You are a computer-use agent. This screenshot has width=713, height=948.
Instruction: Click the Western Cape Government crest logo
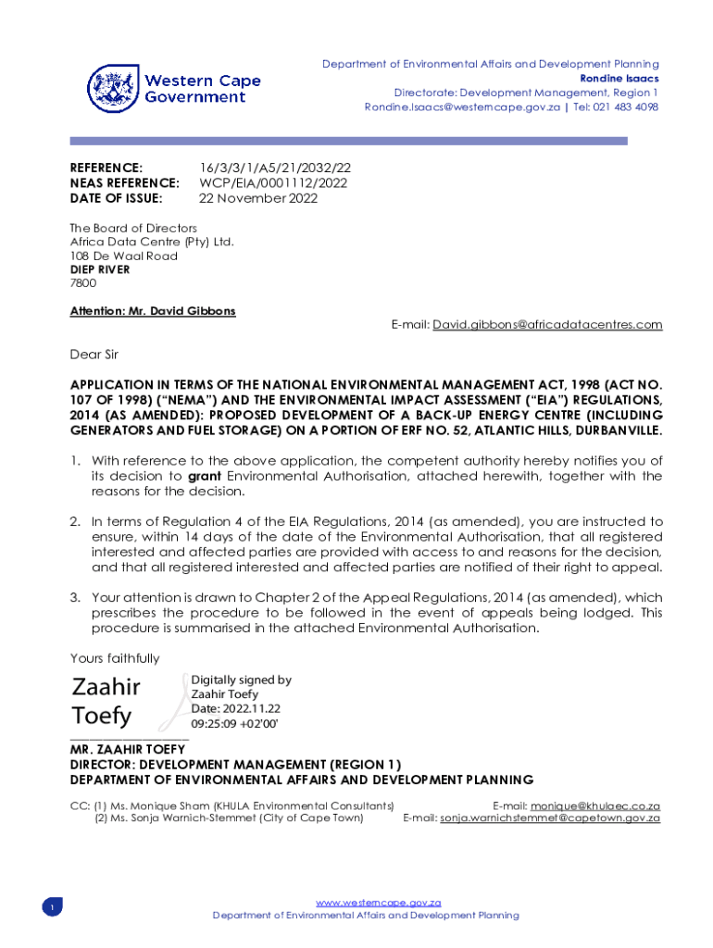click(113, 89)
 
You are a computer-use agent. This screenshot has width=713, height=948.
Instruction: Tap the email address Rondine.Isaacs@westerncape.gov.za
click(462, 107)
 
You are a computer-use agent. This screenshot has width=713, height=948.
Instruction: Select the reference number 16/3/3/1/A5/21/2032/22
click(275, 168)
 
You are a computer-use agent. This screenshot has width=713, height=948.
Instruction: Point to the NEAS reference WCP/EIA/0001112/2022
click(273, 182)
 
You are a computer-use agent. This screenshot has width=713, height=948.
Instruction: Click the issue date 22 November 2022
click(258, 197)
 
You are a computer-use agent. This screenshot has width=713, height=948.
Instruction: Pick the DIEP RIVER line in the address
click(100, 269)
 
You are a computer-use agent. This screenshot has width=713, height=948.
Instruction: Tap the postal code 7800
click(83, 283)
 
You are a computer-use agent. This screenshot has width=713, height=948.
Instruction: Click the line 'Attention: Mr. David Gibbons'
click(153, 311)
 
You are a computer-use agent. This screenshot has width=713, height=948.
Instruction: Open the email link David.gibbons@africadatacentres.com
click(547, 324)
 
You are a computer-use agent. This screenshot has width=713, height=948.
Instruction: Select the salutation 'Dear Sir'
click(94, 354)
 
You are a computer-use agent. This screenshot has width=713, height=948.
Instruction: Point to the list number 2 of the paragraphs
click(75, 521)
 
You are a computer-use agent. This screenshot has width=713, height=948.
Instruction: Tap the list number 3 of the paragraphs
click(75, 597)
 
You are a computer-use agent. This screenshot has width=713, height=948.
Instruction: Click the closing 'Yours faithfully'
click(115, 658)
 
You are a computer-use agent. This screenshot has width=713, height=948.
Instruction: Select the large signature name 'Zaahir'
click(106, 687)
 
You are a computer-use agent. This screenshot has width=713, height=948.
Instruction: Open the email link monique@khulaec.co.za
click(594, 806)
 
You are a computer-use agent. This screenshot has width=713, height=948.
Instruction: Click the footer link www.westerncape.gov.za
click(378, 903)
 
